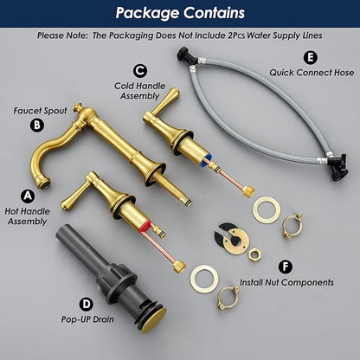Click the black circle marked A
tap(28, 196)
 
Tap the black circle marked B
tap(37, 125)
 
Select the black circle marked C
tap(140, 71)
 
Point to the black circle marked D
tap(87, 305)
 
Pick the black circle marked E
tap(311, 57)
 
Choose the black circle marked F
tap(286, 267)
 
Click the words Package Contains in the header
tap(180, 13)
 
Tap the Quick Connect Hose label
tap(312, 73)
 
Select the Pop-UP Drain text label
tap(87, 319)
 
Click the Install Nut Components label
tap(286, 282)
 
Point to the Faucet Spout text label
tap(40, 111)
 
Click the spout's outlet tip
tap(44, 183)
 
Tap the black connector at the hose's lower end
tap(339, 167)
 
